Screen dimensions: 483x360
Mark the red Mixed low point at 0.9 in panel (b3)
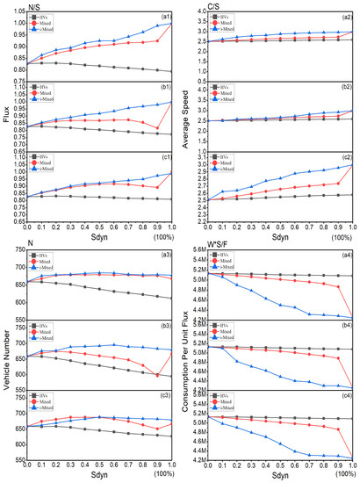click(158, 376)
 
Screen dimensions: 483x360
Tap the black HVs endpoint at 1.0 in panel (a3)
click(172, 298)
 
